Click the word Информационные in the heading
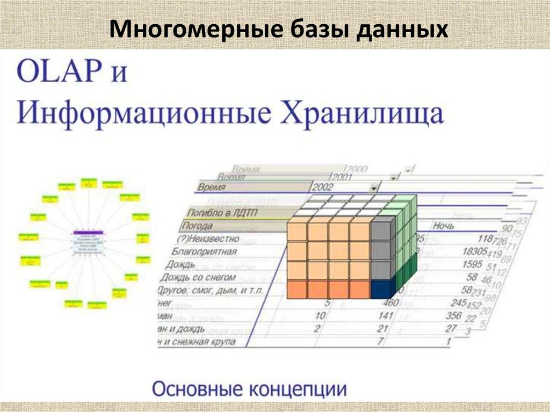148,114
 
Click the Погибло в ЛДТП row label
219,213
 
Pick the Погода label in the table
197,226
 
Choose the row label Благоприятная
204,251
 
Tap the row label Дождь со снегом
200,277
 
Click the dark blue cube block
381,290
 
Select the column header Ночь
445,227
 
